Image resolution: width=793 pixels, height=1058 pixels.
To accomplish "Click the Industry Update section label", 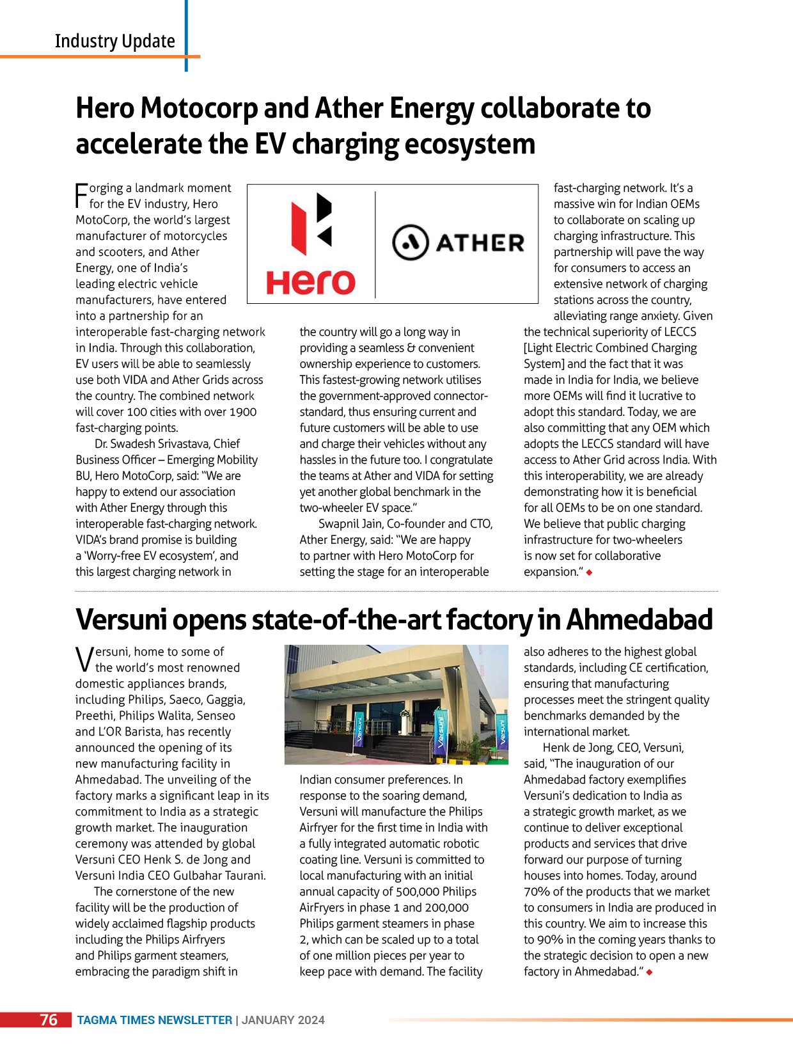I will coord(114,41).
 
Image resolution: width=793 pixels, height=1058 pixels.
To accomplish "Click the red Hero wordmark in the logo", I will coord(311,281).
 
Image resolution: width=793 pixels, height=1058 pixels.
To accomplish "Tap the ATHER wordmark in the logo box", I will coord(480,243).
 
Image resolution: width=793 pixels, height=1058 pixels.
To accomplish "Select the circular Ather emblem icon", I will coord(410,242).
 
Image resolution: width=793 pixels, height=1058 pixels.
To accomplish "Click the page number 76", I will coord(49,1020).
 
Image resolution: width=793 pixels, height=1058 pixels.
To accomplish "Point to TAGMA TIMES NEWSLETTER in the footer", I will coord(154,1020).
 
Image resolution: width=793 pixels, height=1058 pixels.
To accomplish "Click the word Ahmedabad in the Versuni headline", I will coord(639,619).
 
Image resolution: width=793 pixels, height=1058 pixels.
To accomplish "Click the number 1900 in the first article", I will coord(243,412).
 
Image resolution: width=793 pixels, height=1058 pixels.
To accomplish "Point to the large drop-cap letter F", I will coord(81,196).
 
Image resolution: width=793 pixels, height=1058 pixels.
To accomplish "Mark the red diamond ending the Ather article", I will coord(589,572).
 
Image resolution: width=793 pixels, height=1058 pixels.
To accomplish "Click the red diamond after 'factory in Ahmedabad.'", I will coord(650,972).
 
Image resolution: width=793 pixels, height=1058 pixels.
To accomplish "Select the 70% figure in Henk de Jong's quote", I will coord(536,892).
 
